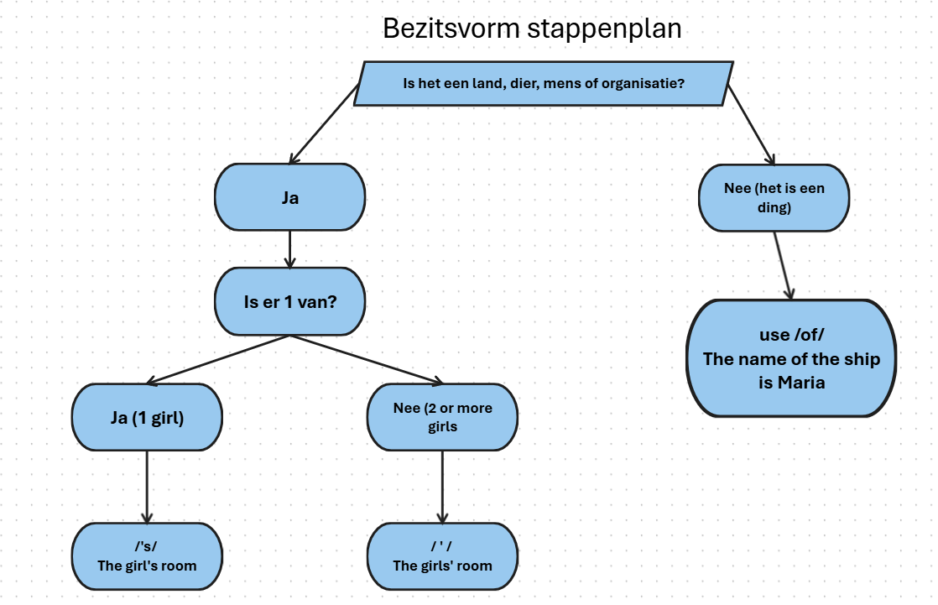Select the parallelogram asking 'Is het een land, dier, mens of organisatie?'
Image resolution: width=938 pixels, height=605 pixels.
pyautogui.click(x=543, y=83)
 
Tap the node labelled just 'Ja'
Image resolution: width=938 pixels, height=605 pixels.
pyautogui.click(x=289, y=198)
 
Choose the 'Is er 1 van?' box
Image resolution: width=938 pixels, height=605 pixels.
pyautogui.click(x=289, y=301)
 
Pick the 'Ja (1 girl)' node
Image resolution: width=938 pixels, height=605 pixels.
pyautogui.click(x=147, y=417)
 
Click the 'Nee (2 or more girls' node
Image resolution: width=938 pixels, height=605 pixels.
pyautogui.click(x=442, y=417)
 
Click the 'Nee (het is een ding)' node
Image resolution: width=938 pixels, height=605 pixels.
pyautogui.click(x=774, y=198)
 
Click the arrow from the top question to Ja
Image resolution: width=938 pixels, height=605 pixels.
pyautogui.click(x=324, y=123)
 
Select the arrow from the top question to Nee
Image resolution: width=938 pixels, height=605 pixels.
pyautogui.click(x=750, y=123)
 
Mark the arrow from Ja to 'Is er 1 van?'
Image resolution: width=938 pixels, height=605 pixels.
pyautogui.click(x=289, y=248)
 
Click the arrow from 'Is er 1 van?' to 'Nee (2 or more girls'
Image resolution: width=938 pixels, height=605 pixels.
pyautogui.click(x=366, y=359)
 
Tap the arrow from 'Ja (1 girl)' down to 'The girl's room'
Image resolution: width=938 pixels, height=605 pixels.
pyautogui.click(x=147, y=487)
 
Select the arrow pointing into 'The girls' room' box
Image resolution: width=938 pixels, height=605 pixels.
pyautogui.click(x=442, y=487)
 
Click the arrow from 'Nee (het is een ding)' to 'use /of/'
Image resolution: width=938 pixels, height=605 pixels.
pyautogui.click(x=782, y=264)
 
